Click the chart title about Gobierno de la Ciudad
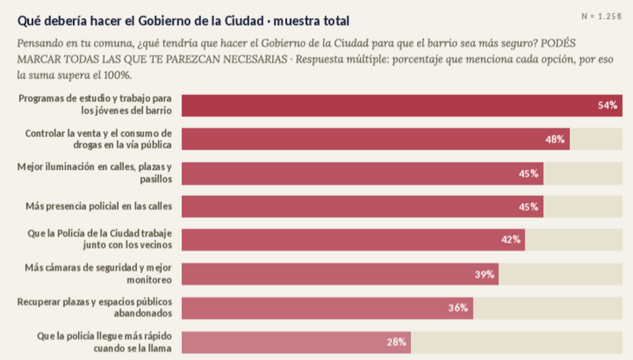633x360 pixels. (183, 20)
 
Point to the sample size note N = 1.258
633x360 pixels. (601, 16)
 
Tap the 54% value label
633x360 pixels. (608, 105)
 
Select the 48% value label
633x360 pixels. (555, 139)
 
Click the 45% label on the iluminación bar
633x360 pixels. (529, 174)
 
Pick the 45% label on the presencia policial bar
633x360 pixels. (529, 207)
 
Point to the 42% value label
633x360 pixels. (511, 239)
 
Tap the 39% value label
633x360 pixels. (485, 275)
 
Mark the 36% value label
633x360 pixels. (458, 308)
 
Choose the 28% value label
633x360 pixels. (396, 342)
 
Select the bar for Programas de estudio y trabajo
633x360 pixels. (402, 106)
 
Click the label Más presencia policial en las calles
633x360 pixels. (99, 206)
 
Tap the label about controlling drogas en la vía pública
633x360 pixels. (98, 139)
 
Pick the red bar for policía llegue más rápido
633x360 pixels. (296, 343)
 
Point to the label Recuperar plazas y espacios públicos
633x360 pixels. (95, 307)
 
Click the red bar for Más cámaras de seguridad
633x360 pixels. (340, 275)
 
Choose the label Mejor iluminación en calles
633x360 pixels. (95, 173)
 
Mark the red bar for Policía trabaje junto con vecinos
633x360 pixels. (353, 240)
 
